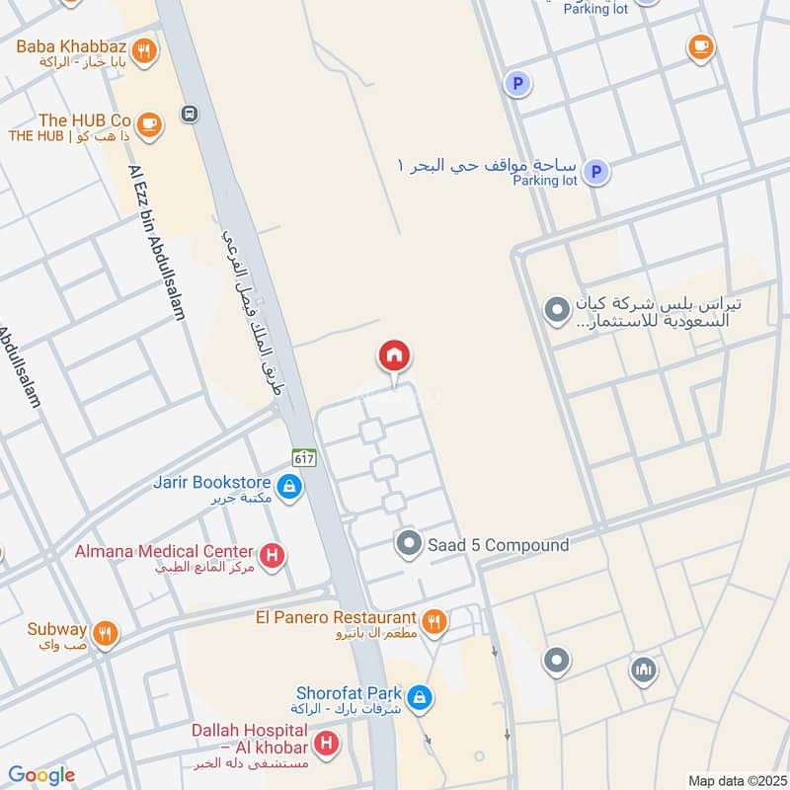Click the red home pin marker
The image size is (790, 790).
[x=394, y=356]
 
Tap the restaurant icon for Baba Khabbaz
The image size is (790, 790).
[x=144, y=51]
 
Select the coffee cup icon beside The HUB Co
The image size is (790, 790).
[x=148, y=123]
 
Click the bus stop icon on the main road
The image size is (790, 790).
[x=189, y=114]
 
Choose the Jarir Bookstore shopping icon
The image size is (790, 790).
[x=289, y=487]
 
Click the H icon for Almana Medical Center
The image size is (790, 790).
[x=273, y=556]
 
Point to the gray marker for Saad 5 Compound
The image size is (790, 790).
[x=409, y=542]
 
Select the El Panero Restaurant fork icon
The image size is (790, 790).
[x=433, y=622]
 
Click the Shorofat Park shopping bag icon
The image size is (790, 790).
[x=420, y=697]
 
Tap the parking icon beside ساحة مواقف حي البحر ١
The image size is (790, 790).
[x=594, y=173]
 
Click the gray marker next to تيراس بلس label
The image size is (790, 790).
[x=557, y=310]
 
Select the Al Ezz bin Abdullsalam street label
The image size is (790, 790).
[x=157, y=242]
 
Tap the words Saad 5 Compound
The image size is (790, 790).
[x=498, y=544]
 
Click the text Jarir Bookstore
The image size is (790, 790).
[x=211, y=483]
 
